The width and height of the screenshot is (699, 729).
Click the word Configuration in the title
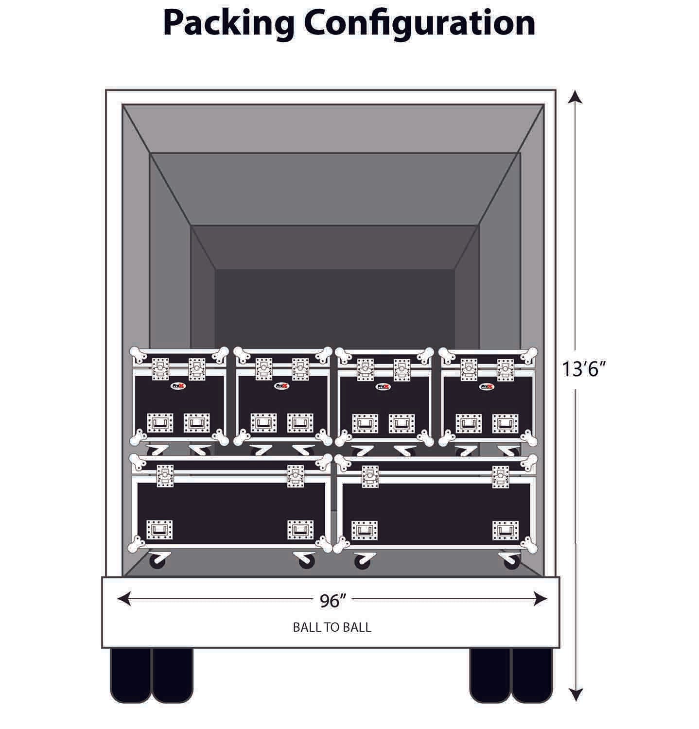tap(420, 23)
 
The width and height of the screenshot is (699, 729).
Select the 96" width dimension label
tap(332, 601)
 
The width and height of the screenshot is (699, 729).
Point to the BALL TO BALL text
tap(332, 627)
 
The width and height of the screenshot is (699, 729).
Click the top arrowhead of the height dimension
tap(576, 97)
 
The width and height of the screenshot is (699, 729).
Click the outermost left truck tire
tap(130, 675)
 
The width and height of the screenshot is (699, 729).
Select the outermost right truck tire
tap(532, 675)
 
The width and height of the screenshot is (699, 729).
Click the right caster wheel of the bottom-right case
tap(511, 562)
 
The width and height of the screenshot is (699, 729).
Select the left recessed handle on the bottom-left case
tap(160, 529)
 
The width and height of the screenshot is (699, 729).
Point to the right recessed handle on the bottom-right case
tap(505, 530)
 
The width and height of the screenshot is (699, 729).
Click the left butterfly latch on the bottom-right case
tap(370, 476)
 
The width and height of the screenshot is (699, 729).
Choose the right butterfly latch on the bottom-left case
tap(295, 476)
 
